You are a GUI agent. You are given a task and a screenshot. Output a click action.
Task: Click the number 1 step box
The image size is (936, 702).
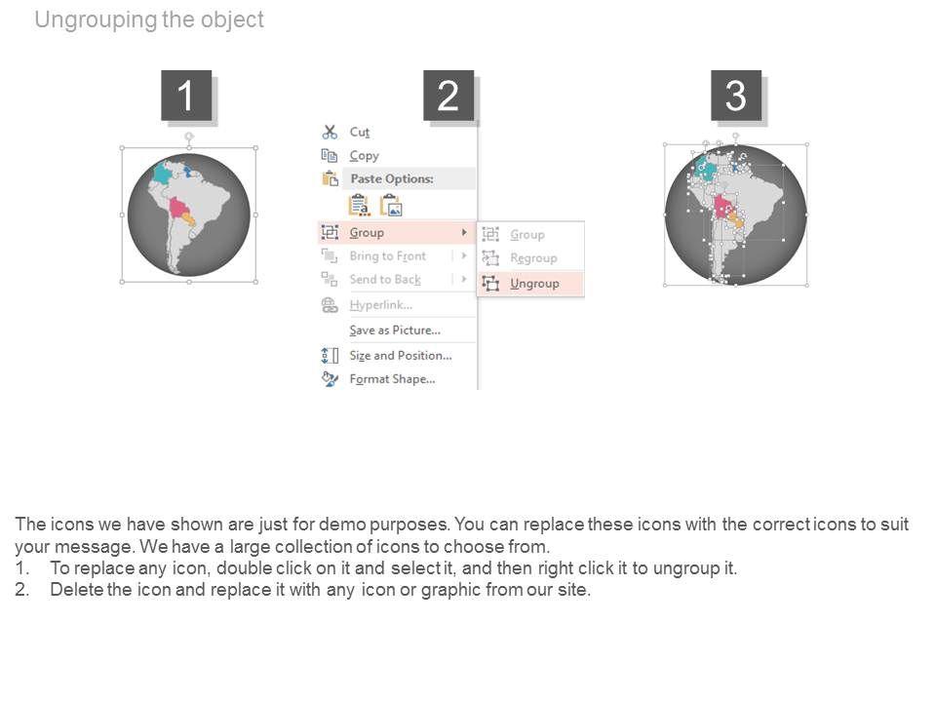coord(186,95)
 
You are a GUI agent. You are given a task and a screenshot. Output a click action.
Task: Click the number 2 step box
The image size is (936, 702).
coord(448,95)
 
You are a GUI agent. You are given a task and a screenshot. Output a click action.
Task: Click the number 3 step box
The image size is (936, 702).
coord(736,95)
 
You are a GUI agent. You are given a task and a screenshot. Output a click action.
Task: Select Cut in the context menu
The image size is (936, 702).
coord(360,132)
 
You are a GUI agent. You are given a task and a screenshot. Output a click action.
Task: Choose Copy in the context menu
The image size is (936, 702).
coord(364,156)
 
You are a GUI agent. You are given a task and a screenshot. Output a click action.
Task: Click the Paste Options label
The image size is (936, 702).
coord(392,178)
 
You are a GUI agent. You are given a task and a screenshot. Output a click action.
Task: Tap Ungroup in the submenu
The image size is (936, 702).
coord(534,284)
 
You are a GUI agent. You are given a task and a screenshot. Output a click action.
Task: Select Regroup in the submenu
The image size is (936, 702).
coord(533,257)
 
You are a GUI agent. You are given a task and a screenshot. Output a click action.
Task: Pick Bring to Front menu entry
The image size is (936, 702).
coord(388,256)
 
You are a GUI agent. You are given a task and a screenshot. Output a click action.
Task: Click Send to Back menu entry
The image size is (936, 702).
coord(385,280)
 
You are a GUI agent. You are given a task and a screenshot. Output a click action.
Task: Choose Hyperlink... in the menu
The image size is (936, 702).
coord(381,305)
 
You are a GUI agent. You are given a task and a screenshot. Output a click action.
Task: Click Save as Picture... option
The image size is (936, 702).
coord(395,331)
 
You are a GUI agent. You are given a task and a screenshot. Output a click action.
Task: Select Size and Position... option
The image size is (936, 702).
coord(401,356)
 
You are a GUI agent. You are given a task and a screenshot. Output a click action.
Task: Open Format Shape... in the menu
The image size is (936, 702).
coord(392,379)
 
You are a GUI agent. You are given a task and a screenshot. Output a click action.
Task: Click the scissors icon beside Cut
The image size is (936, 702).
coord(330,132)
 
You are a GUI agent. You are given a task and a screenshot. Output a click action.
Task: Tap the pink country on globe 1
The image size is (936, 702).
coord(177,209)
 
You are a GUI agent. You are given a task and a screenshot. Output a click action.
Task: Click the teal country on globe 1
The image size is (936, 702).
coord(162,174)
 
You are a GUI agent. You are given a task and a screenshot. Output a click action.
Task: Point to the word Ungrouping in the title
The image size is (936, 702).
coord(97,19)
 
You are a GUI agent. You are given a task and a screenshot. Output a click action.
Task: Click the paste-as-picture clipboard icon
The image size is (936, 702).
coord(391,206)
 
